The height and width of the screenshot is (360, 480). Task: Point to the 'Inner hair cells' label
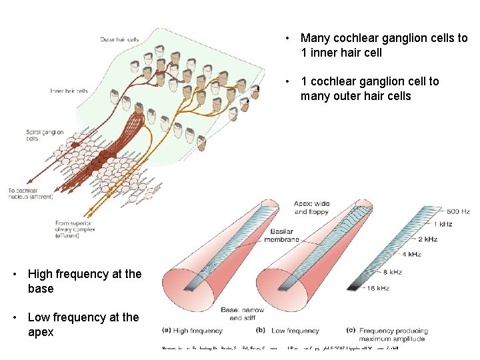(x=69, y=91)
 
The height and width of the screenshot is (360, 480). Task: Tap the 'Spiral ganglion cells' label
(x=45, y=135)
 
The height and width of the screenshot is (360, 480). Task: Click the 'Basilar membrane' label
(x=281, y=235)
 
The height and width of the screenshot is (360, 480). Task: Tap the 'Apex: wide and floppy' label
(x=311, y=208)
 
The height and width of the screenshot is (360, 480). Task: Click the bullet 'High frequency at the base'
(x=85, y=281)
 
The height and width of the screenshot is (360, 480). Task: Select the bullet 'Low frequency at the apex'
(x=83, y=325)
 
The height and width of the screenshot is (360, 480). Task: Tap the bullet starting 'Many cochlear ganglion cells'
(x=383, y=45)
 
